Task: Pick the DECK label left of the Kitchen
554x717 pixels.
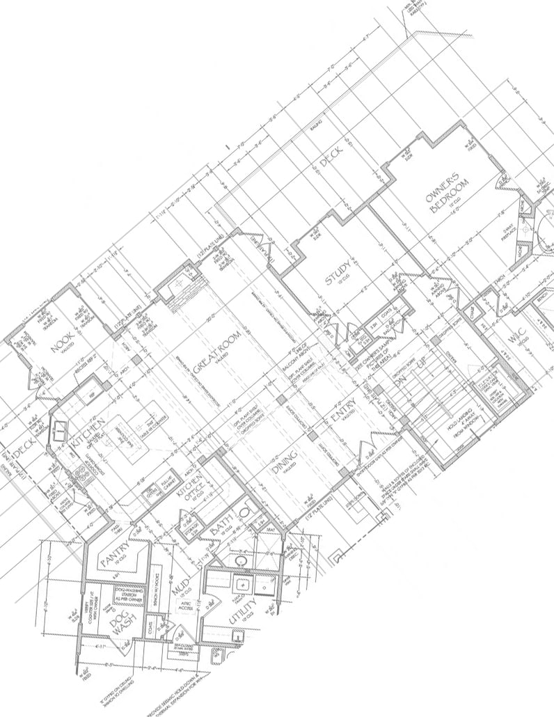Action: point(24,453)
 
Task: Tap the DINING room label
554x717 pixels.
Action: point(285,463)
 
